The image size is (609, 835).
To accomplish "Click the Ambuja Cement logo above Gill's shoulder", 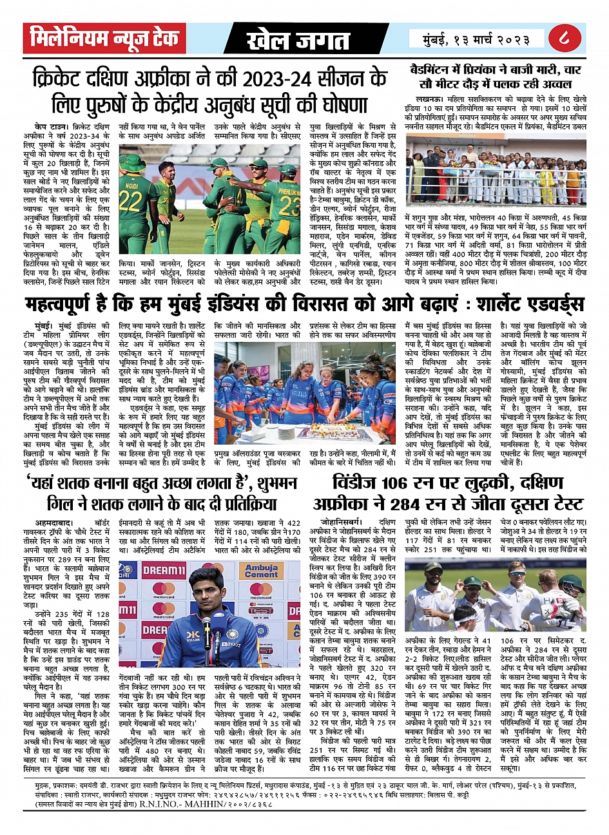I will [262, 571].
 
